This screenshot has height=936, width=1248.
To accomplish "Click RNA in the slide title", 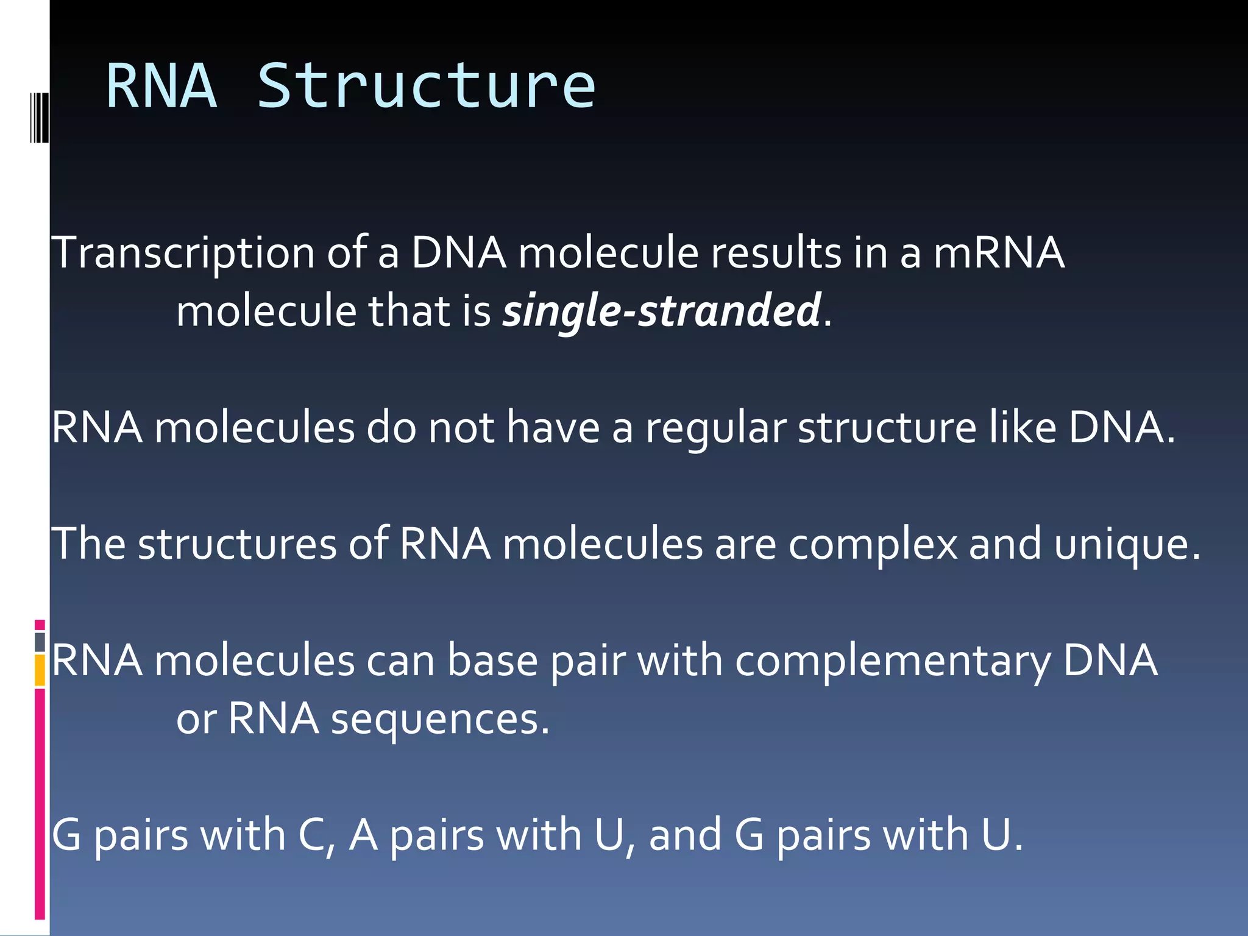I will (161, 87).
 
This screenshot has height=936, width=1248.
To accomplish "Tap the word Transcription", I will (183, 253).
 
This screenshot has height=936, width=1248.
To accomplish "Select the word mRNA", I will (999, 253).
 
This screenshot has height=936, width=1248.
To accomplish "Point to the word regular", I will (716, 428).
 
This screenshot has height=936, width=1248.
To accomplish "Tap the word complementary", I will (893, 661).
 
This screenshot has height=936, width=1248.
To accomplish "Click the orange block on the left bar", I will (40, 670).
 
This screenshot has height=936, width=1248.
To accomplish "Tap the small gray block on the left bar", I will (40, 642).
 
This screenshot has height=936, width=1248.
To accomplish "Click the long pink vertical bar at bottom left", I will (40, 804).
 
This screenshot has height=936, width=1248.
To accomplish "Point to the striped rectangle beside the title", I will (40, 117).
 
